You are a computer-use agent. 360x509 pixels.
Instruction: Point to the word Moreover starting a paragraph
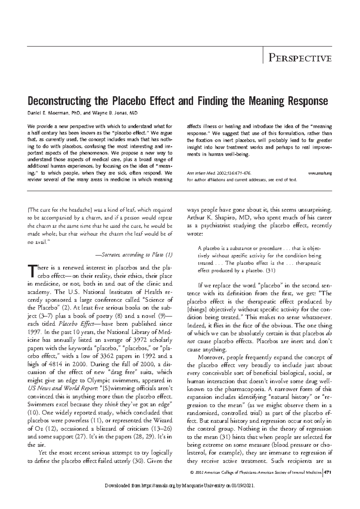[x=211, y=357]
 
